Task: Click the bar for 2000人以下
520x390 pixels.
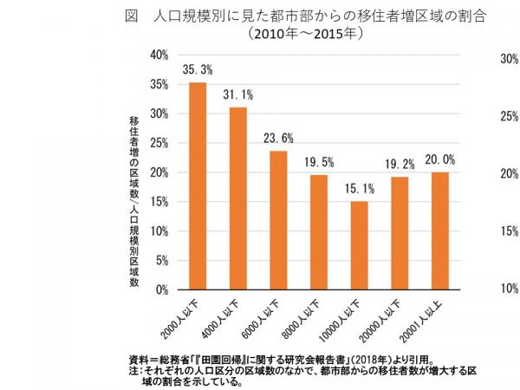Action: click(198, 186)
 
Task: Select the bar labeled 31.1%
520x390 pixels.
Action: click(238, 198)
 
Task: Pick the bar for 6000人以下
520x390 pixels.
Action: click(278, 220)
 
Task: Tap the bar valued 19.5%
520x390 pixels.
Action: click(319, 232)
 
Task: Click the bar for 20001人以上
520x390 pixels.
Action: click(439, 231)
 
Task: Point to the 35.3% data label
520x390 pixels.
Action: click(198, 69)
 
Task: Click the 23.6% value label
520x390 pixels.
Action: click(278, 138)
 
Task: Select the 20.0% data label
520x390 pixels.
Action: click(439, 159)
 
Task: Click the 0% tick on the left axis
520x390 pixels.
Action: click(161, 290)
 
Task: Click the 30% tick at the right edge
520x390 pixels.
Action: click(509, 59)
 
